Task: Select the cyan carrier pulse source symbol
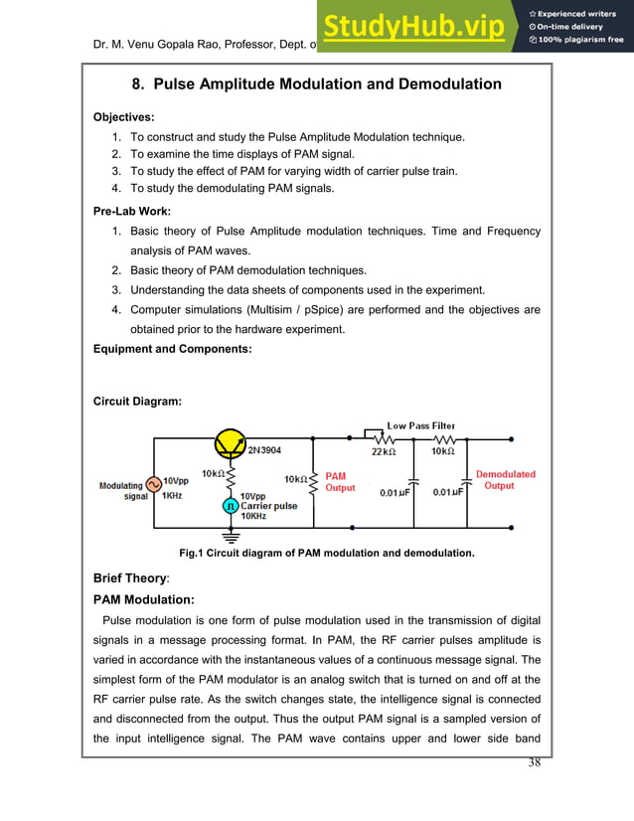(230, 505)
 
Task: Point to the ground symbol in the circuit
(230, 536)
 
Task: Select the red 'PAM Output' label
(340, 482)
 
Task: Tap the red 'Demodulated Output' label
(505, 480)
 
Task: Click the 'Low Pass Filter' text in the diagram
(420, 426)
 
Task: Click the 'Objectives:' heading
(124, 117)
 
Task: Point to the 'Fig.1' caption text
(192, 552)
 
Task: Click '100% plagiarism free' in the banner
(576, 40)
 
